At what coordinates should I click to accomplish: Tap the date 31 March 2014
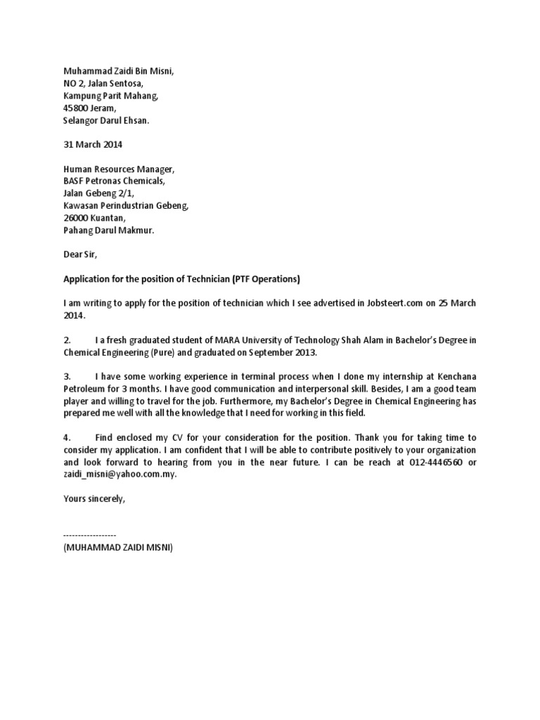[x=94, y=145]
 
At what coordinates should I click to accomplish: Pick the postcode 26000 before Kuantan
[x=76, y=218]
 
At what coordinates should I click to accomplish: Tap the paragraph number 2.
[x=67, y=340]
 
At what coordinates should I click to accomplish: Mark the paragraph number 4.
[x=67, y=437]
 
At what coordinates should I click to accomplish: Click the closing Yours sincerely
[x=94, y=499]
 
